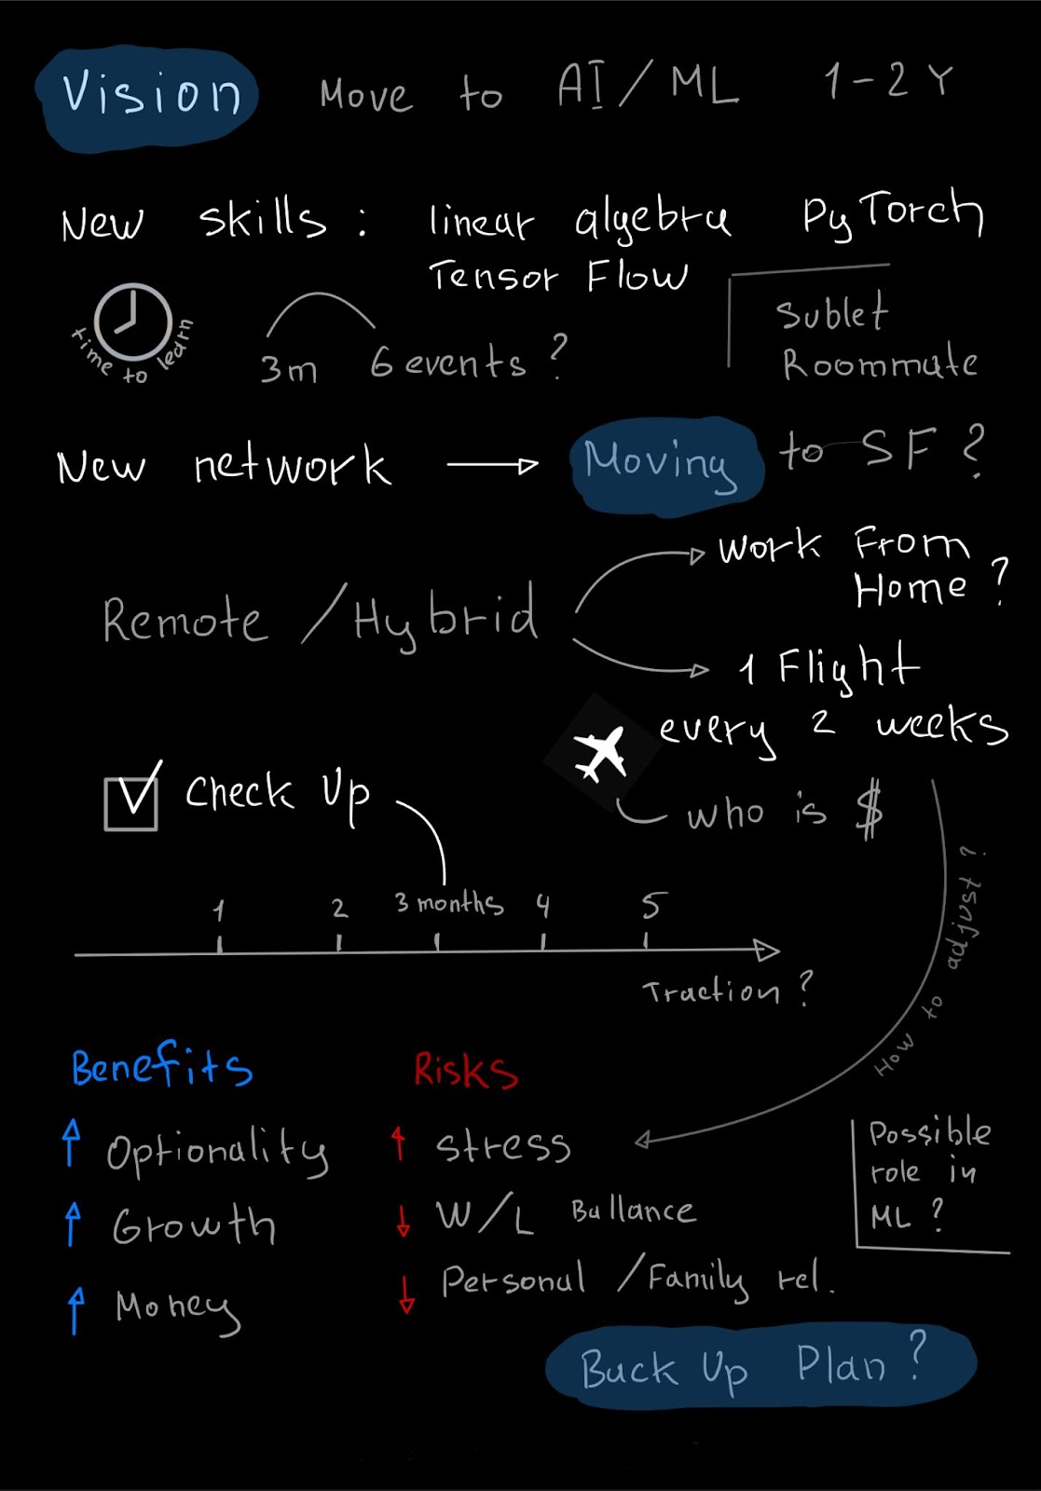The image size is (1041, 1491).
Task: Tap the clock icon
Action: click(x=132, y=321)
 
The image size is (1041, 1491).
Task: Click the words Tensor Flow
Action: click(x=557, y=276)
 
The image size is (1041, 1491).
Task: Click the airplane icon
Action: click(x=600, y=753)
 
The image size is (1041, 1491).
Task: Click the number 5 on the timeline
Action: click(x=653, y=905)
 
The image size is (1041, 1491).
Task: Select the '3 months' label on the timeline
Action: click(x=449, y=903)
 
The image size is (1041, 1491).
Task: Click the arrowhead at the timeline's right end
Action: click(x=767, y=951)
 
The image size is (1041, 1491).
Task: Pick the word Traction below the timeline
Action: click(x=711, y=992)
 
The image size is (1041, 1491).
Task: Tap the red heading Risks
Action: click(x=465, y=1071)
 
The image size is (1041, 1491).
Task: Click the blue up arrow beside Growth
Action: click(x=73, y=1223)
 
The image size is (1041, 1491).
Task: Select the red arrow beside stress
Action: click(x=399, y=1143)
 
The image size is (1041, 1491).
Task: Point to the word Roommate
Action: click(x=880, y=363)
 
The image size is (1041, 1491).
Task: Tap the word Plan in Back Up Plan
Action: click(x=841, y=1365)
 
